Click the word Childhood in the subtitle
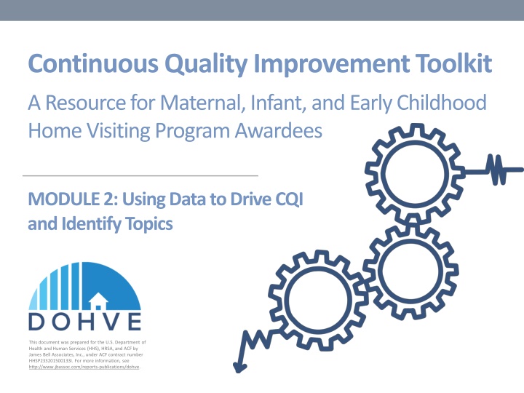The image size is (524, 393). point(444,103)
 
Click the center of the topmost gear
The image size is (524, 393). point(412,172)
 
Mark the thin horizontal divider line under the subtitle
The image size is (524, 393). point(140,176)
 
